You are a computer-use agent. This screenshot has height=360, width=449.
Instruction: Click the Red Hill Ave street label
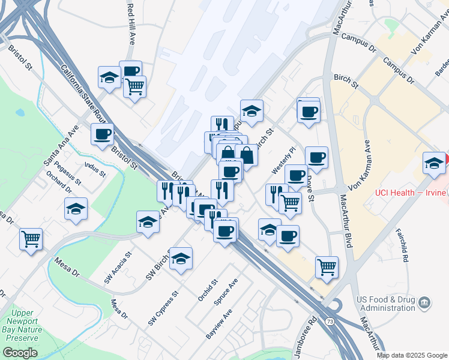pos(131,23)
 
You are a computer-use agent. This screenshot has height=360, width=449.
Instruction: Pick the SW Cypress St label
pos(163,310)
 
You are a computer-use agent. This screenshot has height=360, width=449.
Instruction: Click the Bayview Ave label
pos(218,325)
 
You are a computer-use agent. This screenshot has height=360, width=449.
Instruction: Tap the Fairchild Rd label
pos(402,247)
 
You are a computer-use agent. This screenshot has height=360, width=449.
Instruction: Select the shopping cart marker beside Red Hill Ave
pos(134,88)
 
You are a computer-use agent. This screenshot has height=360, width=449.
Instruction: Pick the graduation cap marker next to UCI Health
pos(434,163)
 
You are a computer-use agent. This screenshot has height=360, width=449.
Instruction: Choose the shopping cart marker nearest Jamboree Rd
pos(327,266)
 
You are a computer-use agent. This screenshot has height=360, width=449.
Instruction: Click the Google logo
pos(20,353)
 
